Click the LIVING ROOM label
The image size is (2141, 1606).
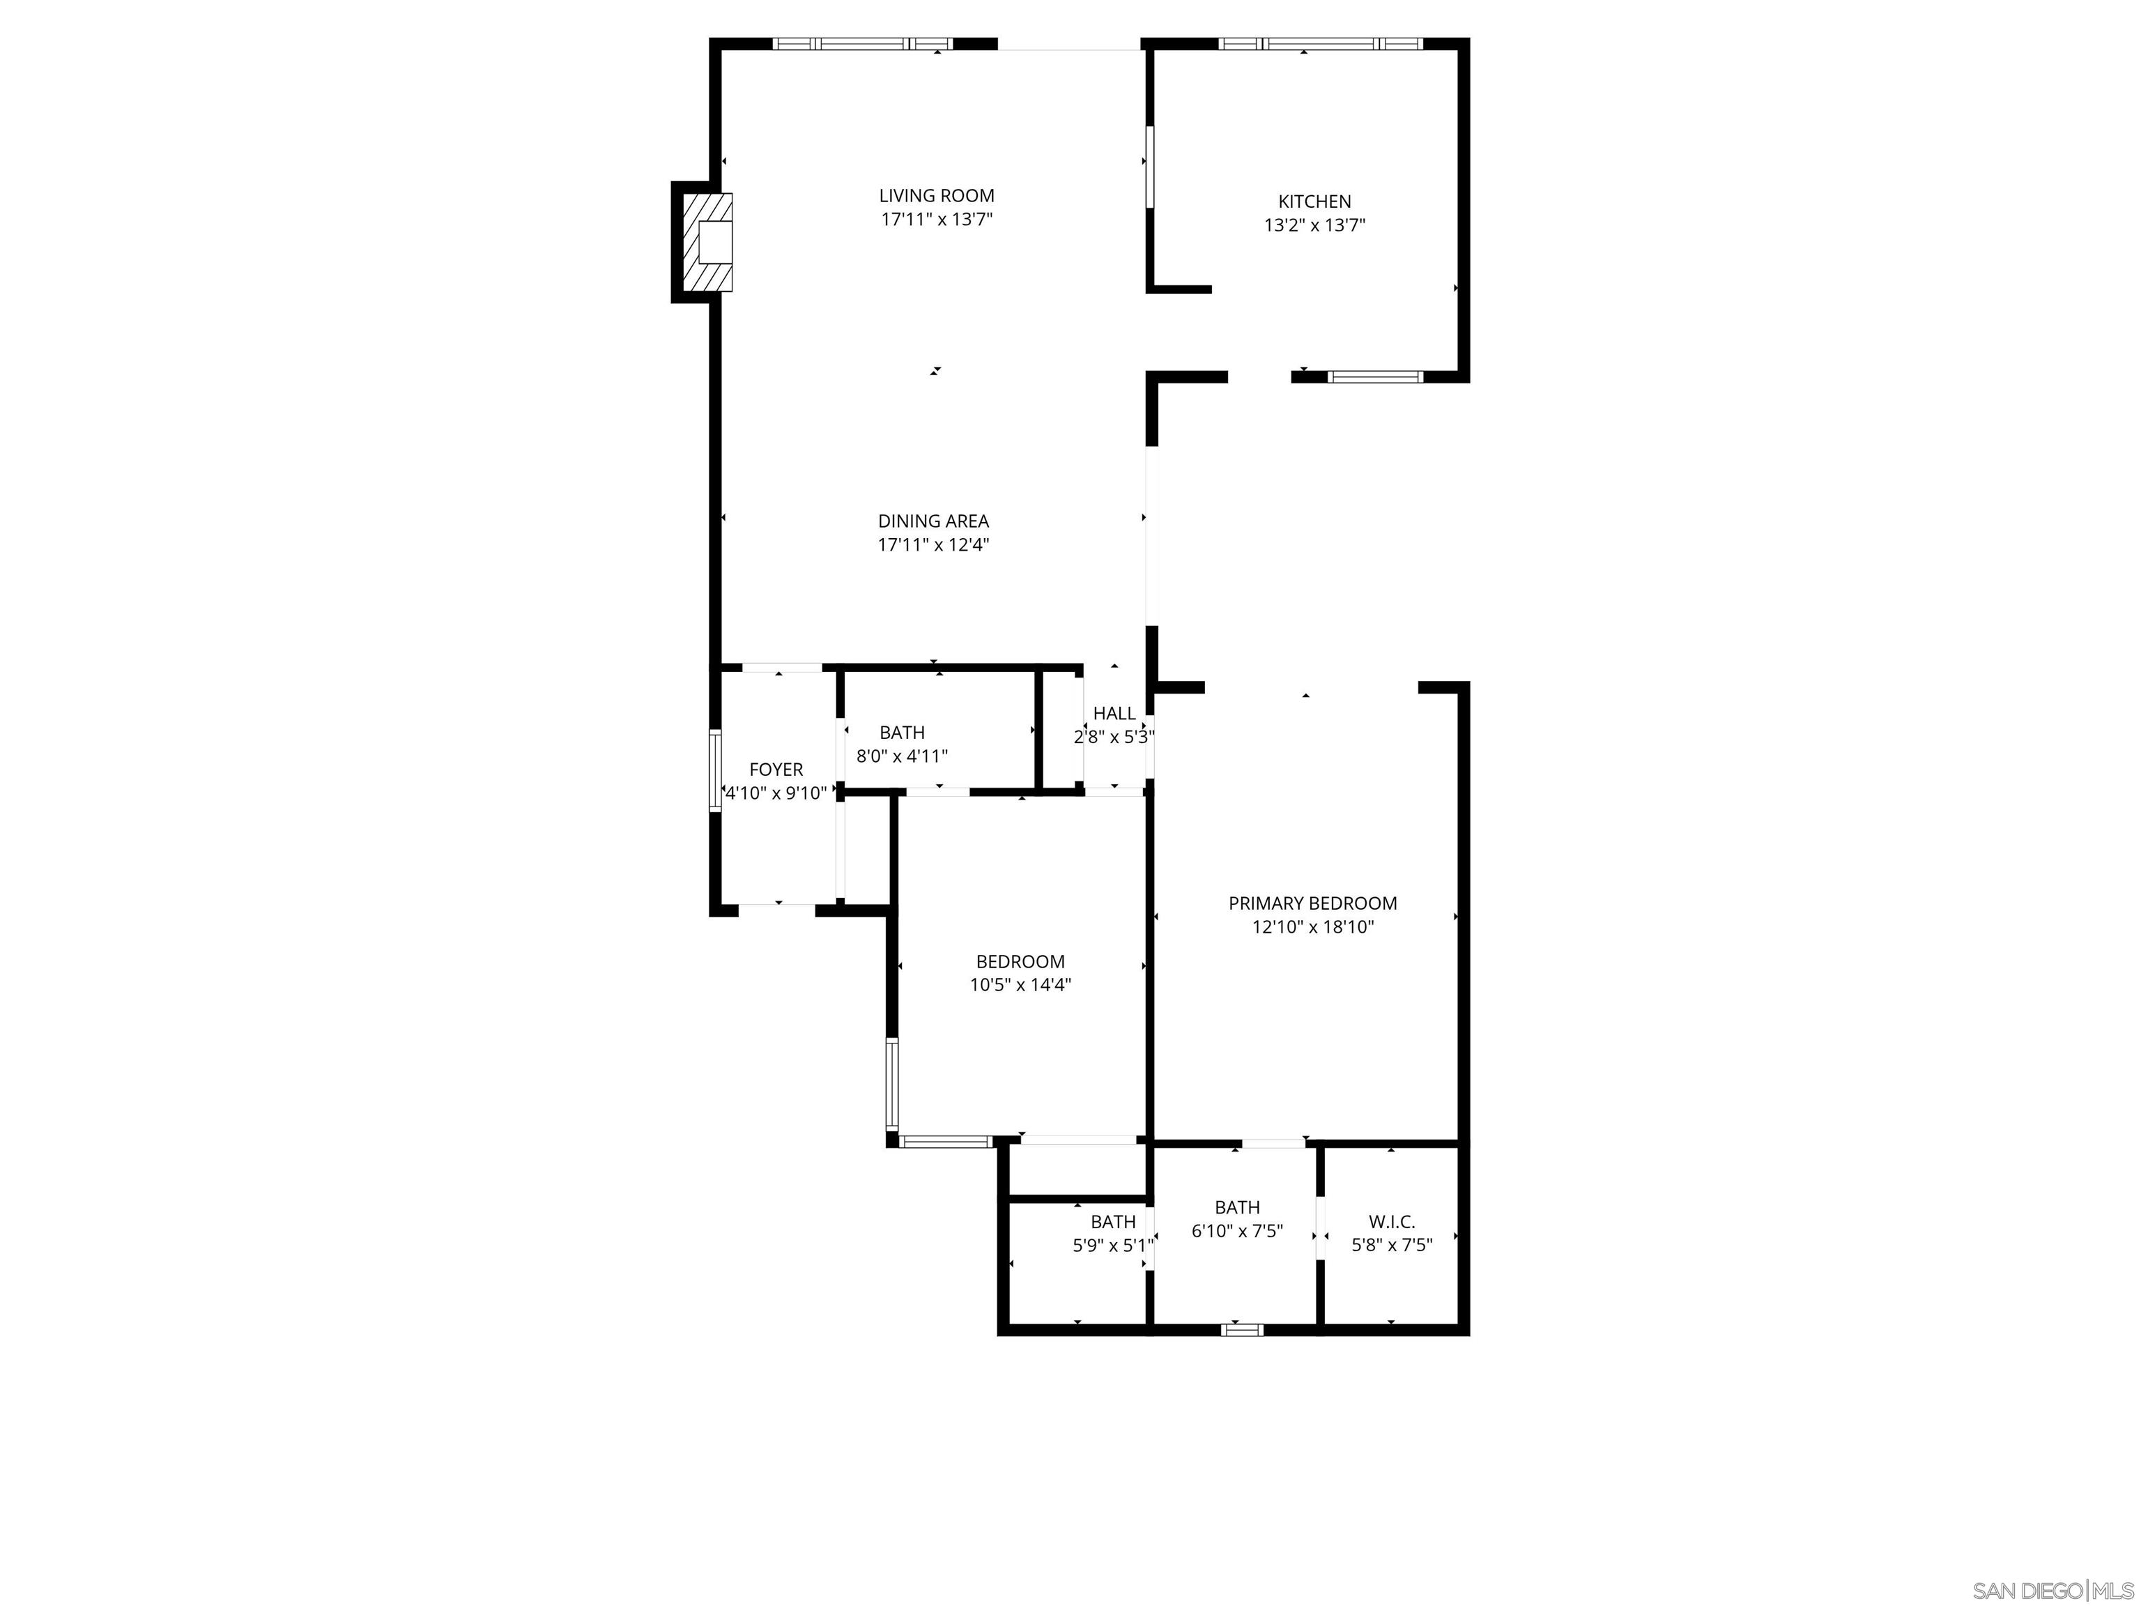point(936,196)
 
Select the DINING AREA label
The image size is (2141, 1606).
point(933,521)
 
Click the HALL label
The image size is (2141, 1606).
point(1114,714)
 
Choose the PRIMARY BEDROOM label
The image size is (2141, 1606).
point(1312,903)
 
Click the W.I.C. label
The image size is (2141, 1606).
point(1391,1222)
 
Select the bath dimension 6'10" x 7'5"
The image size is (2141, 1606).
point(1237,1232)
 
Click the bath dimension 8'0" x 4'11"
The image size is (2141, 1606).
point(901,756)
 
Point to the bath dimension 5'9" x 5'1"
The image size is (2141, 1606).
point(1112,1246)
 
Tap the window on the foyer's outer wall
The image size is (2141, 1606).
point(715,770)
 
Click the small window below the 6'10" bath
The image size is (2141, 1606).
point(1242,1330)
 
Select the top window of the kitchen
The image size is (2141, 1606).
point(1320,43)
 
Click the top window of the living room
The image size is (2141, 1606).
point(862,43)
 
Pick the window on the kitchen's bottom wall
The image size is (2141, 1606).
point(1374,376)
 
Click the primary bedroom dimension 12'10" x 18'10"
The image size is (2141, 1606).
point(1312,927)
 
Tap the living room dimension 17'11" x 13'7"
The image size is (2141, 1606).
point(936,220)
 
